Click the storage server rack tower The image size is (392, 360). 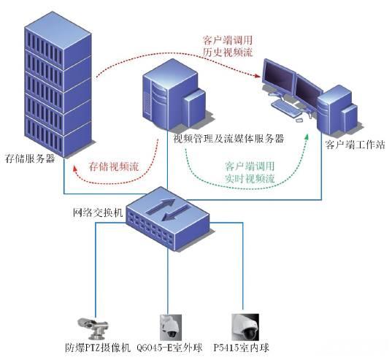pyautogui.click(x=58, y=85)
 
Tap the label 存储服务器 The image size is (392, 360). pyautogui.click(x=30, y=158)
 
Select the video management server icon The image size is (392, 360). pyautogui.click(x=174, y=94)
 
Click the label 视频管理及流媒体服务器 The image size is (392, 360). pyautogui.click(x=228, y=139)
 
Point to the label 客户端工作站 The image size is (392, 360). pyautogui.click(x=355, y=145)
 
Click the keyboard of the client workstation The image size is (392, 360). pyautogui.click(x=286, y=108)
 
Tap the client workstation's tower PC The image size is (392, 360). pyautogui.click(x=337, y=110)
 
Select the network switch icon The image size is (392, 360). pyautogui.click(x=167, y=219)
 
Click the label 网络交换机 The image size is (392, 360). pyautogui.click(x=98, y=212)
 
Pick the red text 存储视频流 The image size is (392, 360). pyautogui.click(x=114, y=166)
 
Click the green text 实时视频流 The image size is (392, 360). pyautogui.click(x=250, y=179)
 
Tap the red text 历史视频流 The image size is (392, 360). pyautogui.click(x=228, y=53)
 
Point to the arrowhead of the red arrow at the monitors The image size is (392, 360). pyautogui.click(x=258, y=75)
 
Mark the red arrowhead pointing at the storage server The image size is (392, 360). pyautogui.click(x=75, y=168)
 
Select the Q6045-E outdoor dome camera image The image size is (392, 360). pyautogui.click(x=171, y=327)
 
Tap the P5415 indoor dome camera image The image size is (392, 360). pyautogui.click(x=245, y=327)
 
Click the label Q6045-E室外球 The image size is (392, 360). pyautogui.click(x=169, y=348)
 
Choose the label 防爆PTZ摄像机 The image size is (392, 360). pyautogui.click(x=98, y=348)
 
